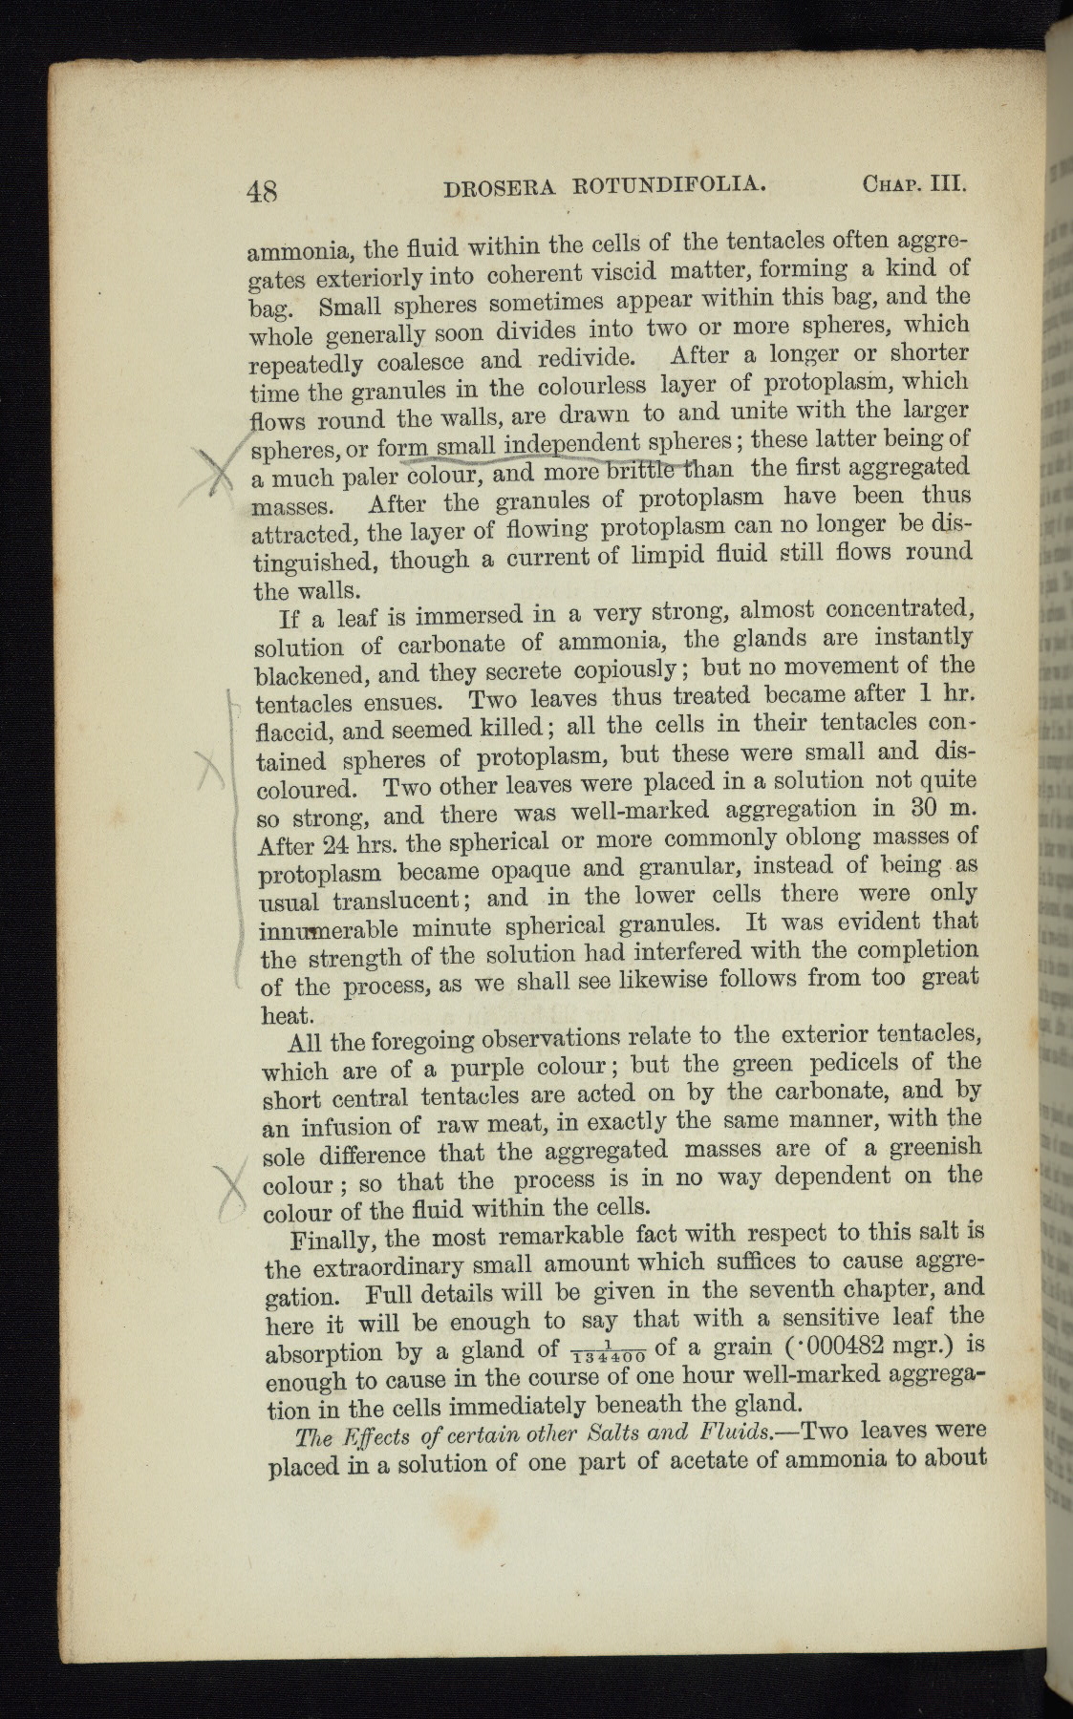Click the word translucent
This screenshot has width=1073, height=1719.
(x=397, y=901)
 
